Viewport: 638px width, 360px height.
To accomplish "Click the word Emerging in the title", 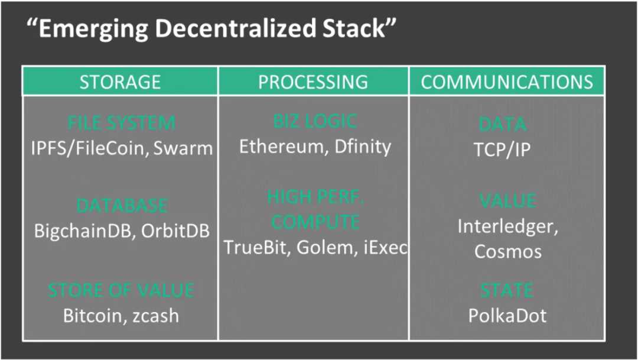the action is tap(94, 29).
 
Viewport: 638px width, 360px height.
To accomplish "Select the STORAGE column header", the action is tap(120, 82).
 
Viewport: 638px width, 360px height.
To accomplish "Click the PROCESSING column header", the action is tap(313, 82).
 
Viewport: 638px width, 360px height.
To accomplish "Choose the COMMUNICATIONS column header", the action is tap(507, 82).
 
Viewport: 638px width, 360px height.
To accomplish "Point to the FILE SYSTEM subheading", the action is tap(121, 123).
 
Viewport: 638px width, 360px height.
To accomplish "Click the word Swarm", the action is tap(183, 148).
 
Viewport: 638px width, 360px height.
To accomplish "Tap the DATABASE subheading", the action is tap(122, 205).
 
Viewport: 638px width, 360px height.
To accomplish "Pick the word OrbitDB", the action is tap(175, 231).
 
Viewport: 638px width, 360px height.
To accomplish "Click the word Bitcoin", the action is tap(90, 316).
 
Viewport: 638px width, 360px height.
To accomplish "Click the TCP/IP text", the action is tap(502, 150).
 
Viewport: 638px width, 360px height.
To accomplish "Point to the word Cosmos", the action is tap(508, 252).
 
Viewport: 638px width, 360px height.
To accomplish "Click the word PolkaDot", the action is tap(507, 316).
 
